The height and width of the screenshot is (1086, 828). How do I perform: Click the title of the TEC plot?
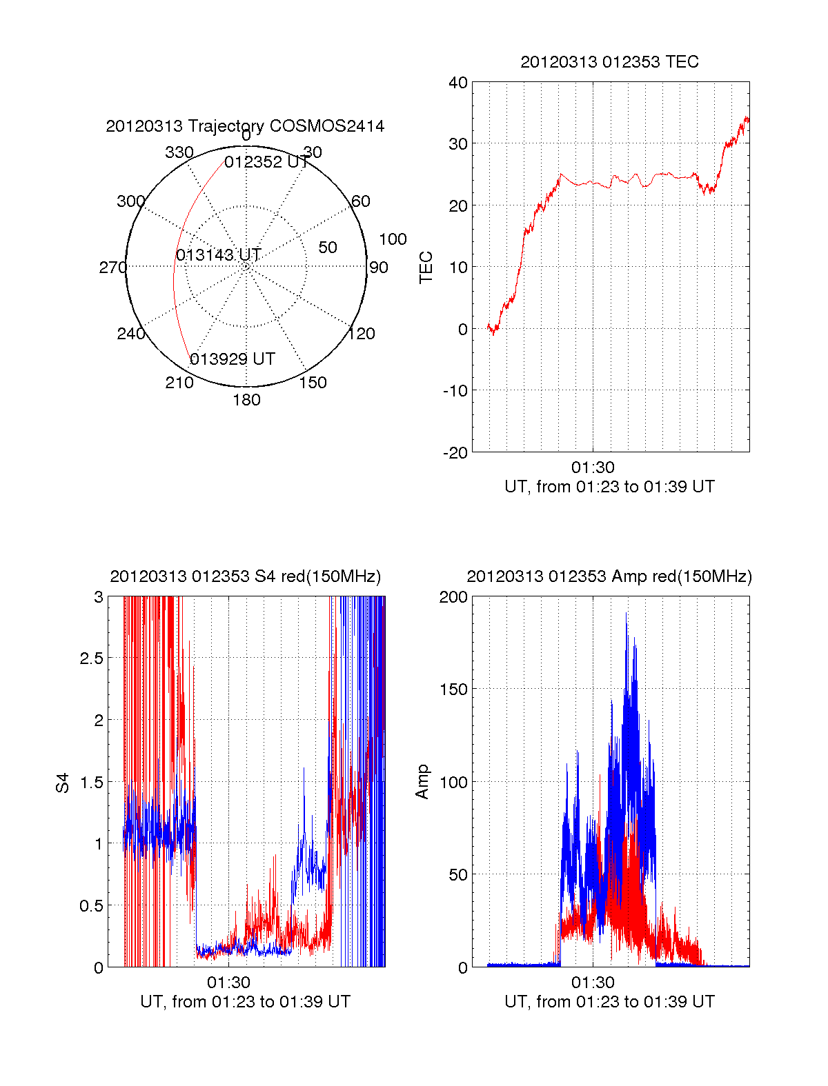(609, 62)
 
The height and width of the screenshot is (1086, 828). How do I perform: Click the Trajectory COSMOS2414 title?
(245, 126)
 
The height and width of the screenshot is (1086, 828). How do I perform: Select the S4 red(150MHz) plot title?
(245, 576)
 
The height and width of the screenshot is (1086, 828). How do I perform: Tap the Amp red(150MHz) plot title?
(609, 576)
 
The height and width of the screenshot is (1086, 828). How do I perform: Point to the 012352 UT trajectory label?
(266, 162)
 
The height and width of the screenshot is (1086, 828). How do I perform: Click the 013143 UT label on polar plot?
(218, 255)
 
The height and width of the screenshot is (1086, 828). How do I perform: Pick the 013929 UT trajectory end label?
(233, 359)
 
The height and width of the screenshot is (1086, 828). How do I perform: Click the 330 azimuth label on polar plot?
(179, 152)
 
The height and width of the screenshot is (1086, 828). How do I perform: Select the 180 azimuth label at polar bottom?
(246, 400)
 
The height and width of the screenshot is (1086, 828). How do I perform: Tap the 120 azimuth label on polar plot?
(362, 334)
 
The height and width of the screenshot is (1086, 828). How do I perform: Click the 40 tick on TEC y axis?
(458, 83)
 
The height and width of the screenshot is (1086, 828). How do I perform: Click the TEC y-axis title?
(426, 267)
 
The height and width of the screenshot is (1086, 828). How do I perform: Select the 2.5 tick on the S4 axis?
(92, 658)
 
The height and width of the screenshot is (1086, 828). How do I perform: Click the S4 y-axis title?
(63, 783)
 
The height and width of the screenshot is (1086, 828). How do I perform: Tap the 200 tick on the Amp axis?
(453, 597)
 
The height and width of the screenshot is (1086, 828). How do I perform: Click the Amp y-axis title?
(422, 782)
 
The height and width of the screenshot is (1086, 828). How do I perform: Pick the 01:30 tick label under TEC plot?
(593, 467)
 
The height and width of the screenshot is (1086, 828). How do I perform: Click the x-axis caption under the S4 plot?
(245, 1002)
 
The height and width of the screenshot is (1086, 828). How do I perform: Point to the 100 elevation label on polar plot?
(393, 239)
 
